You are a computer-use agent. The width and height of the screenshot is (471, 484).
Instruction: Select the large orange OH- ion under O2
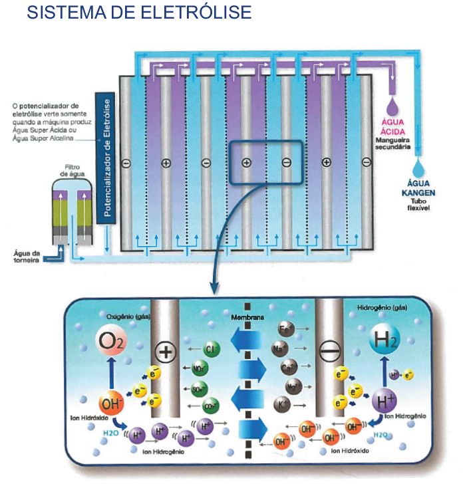point(110,403)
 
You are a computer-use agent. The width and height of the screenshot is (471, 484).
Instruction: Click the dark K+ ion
point(282,403)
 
